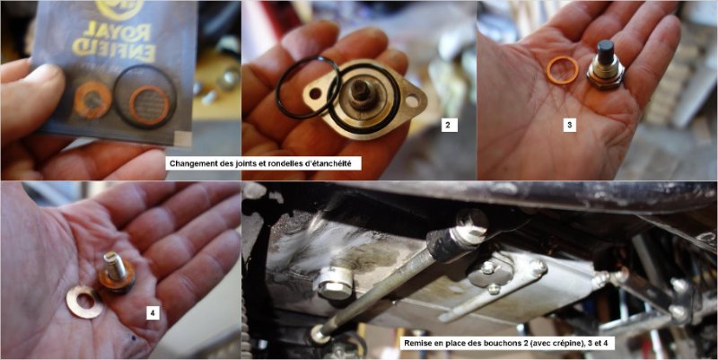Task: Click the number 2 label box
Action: pos(450,125)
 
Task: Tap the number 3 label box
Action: pos(570,124)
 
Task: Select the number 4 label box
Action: pos(153,312)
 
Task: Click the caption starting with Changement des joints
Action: pos(263,163)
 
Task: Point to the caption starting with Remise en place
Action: pos(508,343)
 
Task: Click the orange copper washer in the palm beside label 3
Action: pos(563,70)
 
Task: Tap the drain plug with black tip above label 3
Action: pos(605,65)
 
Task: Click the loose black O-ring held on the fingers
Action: pos(308,87)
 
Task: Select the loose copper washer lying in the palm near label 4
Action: pos(84,302)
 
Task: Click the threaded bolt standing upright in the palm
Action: pos(117,271)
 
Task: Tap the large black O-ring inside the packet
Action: pos(144,96)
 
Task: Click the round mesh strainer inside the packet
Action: pos(148,105)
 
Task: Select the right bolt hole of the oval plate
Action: pos(412,101)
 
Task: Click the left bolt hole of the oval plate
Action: pos(315,94)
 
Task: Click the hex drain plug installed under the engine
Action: pos(336,284)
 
